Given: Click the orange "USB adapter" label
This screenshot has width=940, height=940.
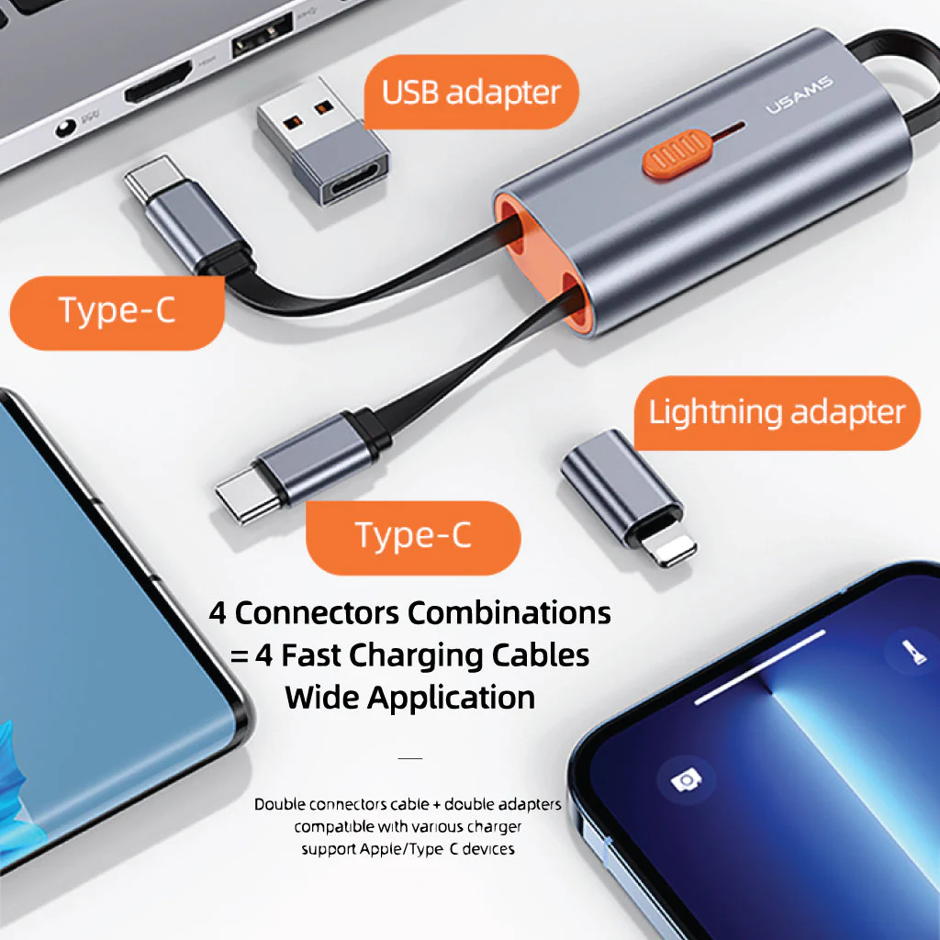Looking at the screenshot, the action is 471,92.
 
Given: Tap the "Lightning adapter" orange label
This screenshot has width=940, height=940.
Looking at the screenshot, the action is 777,412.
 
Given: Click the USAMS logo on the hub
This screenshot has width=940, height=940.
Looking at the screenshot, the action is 800,95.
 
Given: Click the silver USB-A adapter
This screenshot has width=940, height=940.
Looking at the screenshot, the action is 323,140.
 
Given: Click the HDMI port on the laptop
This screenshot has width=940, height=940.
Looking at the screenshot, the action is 158,81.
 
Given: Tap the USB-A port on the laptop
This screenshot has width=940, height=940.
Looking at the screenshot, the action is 262,35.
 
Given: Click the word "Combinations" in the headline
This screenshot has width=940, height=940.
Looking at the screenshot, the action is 509,613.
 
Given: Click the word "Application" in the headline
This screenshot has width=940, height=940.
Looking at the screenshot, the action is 452,699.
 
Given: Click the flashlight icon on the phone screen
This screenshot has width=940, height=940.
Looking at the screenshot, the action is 913,651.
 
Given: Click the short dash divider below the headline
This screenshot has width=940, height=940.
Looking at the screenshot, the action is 410,758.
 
